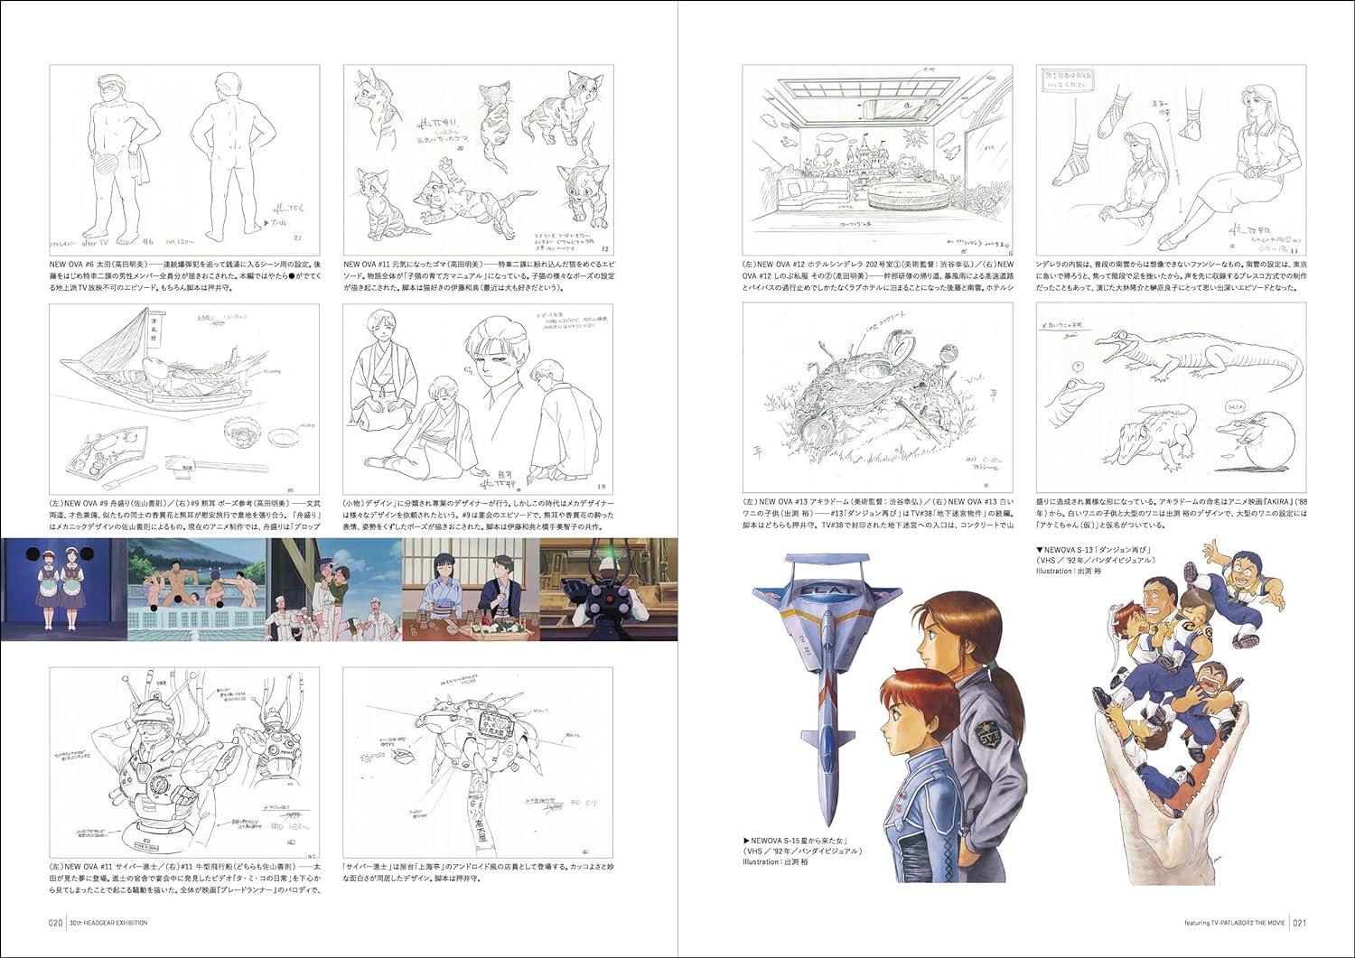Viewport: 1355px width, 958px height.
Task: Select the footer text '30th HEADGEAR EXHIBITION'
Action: pos(107,922)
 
